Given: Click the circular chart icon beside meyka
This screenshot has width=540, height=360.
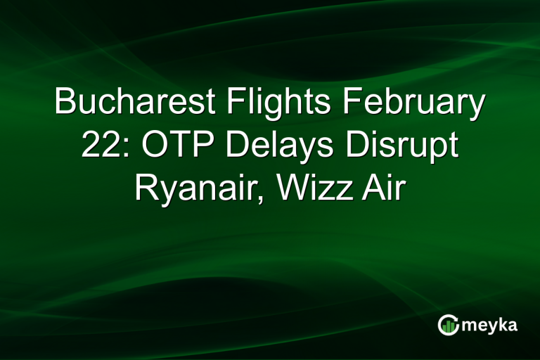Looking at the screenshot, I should pos(448,324).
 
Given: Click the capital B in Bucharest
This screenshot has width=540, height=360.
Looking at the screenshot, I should pos(65,104).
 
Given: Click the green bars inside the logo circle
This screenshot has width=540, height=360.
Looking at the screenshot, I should pos(449,326).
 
